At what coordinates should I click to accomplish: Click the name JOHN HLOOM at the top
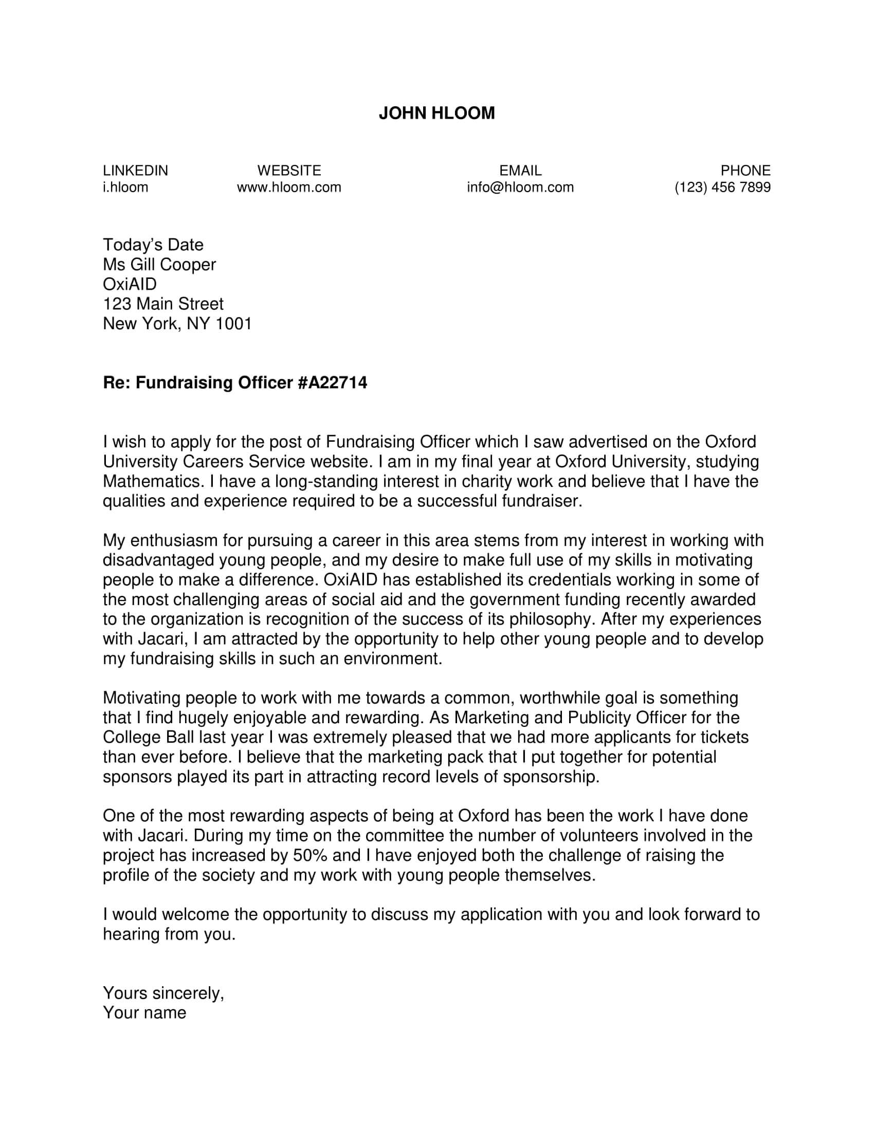[x=436, y=114]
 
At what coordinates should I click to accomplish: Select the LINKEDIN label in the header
[x=135, y=170]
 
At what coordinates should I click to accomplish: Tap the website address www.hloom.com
[x=289, y=187]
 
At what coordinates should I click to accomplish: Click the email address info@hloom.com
[x=520, y=187]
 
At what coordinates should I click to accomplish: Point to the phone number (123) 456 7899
[x=722, y=187]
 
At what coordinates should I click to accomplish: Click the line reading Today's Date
[x=153, y=244]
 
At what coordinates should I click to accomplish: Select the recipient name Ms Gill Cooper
[x=159, y=265]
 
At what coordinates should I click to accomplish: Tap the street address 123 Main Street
[x=163, y=304]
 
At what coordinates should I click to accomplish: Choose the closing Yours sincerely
[x=163, y=993]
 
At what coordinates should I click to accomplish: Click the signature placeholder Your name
[x=144, y=1012]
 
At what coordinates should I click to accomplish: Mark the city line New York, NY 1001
[x=177, y=324]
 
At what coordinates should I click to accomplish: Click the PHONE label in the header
[x=745, y=170]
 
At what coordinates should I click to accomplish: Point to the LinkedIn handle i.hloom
[x=125, y=187]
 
